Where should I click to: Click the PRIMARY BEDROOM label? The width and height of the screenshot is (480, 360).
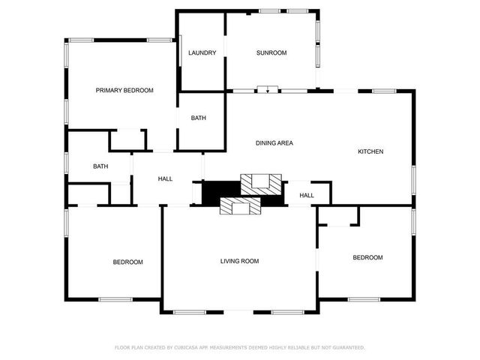click(x=124, y=90)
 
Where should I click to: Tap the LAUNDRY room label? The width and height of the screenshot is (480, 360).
click(x=202, y=52)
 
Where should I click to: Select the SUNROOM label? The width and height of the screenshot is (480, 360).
click(x=271, y=52)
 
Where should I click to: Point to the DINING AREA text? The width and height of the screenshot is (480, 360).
click(x=274, y=142)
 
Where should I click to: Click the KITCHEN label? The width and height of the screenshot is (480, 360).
click(x=370, y=151)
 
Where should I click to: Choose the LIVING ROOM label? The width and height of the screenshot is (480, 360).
click(x=239, y=261)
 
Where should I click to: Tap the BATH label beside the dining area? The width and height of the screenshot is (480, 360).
click(x=199, y=118)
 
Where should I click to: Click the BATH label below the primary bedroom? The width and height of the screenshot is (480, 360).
click(x=100, y=166)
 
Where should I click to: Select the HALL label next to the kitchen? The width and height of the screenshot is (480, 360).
click(x=307, y=196)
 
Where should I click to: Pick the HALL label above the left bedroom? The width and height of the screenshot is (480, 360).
click(x=165, y=178)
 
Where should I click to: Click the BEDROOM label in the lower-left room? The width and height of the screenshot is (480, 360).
click(x=127, y=262)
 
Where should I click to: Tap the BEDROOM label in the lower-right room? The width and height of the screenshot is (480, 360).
click(x=367, y=257)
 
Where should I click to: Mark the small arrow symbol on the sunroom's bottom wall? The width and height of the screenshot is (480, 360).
click(x=267, y=89)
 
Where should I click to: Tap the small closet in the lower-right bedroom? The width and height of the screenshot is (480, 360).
click(x=338, y=215)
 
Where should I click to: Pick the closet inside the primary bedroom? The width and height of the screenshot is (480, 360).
click(x=127, y=139)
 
